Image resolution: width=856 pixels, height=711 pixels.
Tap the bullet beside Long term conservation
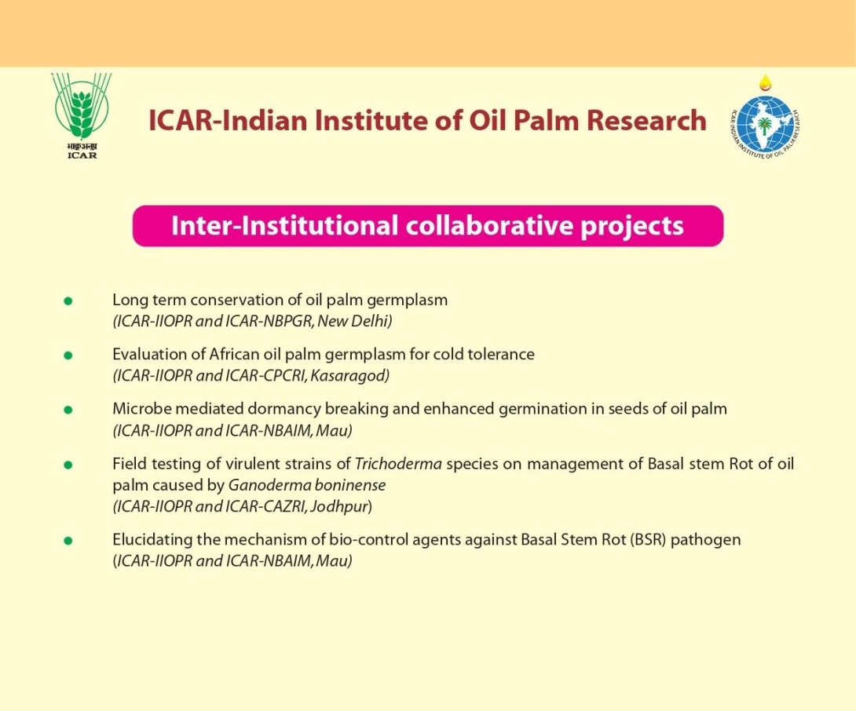pyautogui.click(x=68, y=301)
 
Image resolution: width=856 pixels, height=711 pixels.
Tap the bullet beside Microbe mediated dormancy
pyautogui.click(x=68, y=410)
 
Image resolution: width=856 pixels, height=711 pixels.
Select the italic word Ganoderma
pyautogui.click(x=262, y=485)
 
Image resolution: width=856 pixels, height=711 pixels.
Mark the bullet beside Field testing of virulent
pyautogui.click(x=68, y=465)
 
